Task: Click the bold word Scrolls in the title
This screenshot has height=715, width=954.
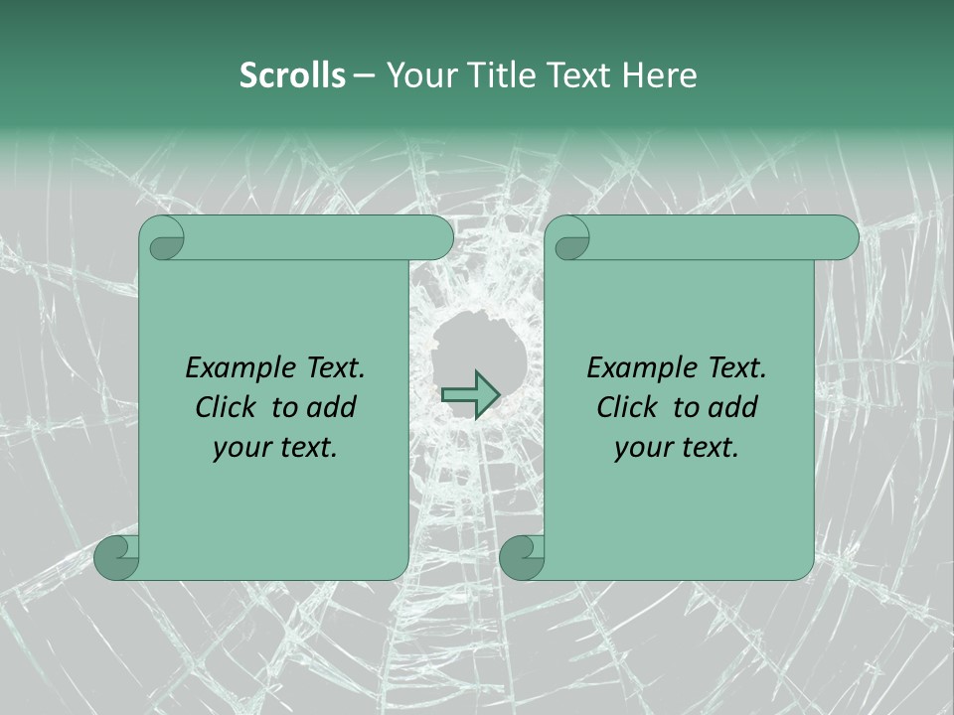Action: click(292, 75)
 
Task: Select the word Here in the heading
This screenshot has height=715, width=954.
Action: click(659, 75)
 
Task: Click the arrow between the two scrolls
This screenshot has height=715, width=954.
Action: click(470, 395)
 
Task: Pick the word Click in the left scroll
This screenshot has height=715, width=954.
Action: click(227, 407)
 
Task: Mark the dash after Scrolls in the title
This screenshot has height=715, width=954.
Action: click(365, 76)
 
